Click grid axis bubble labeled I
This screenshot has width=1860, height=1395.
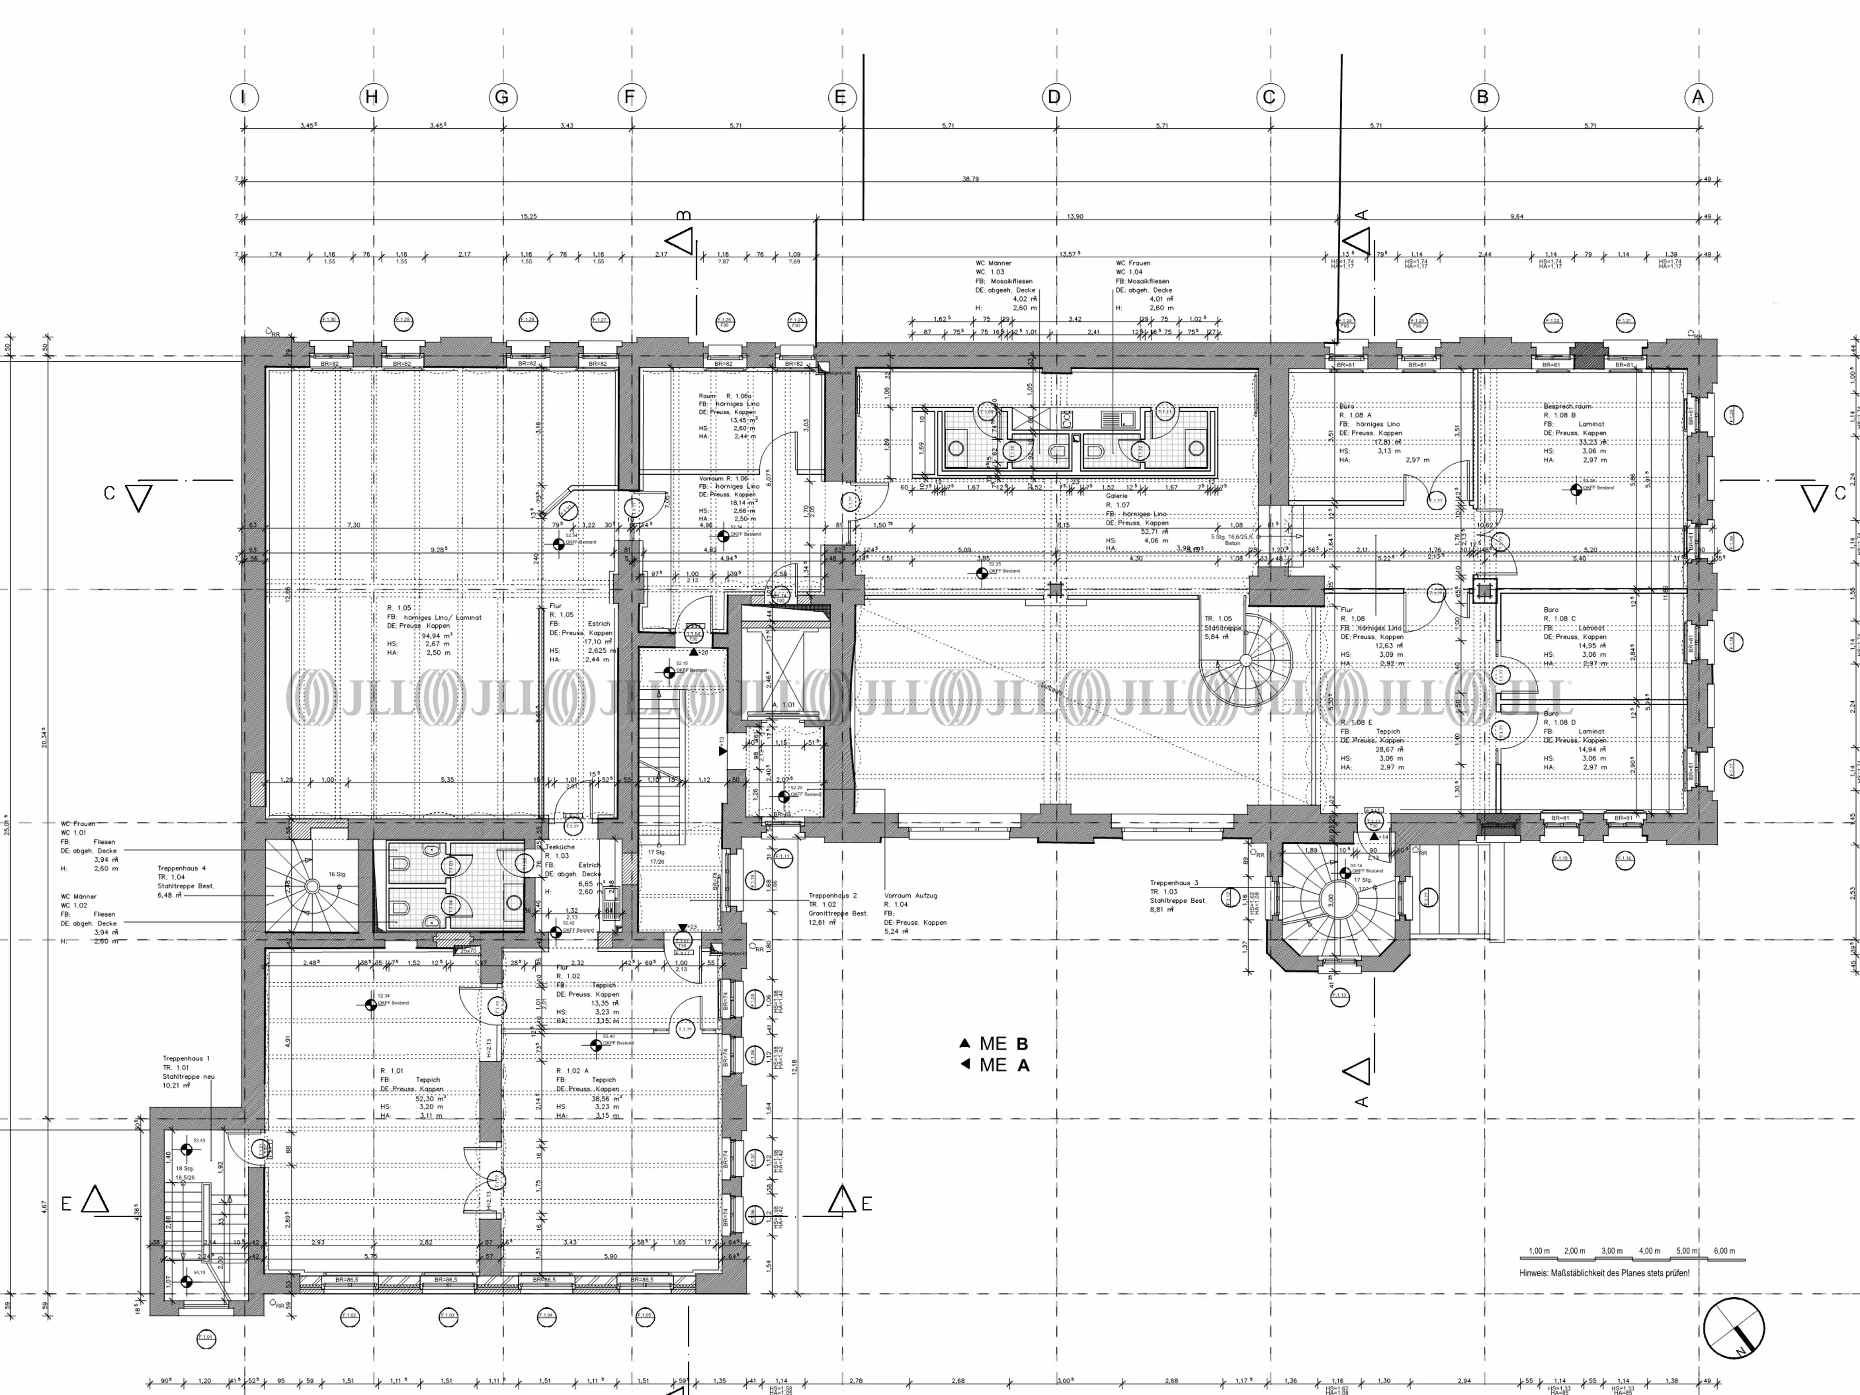tap(244, 97)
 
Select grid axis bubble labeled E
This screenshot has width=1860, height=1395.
tap(840, 97)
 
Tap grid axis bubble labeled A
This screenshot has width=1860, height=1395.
tap(1698, 97)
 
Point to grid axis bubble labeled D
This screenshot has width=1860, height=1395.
tap(1054, 97)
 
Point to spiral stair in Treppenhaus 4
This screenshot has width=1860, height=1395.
tap(311, 886)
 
